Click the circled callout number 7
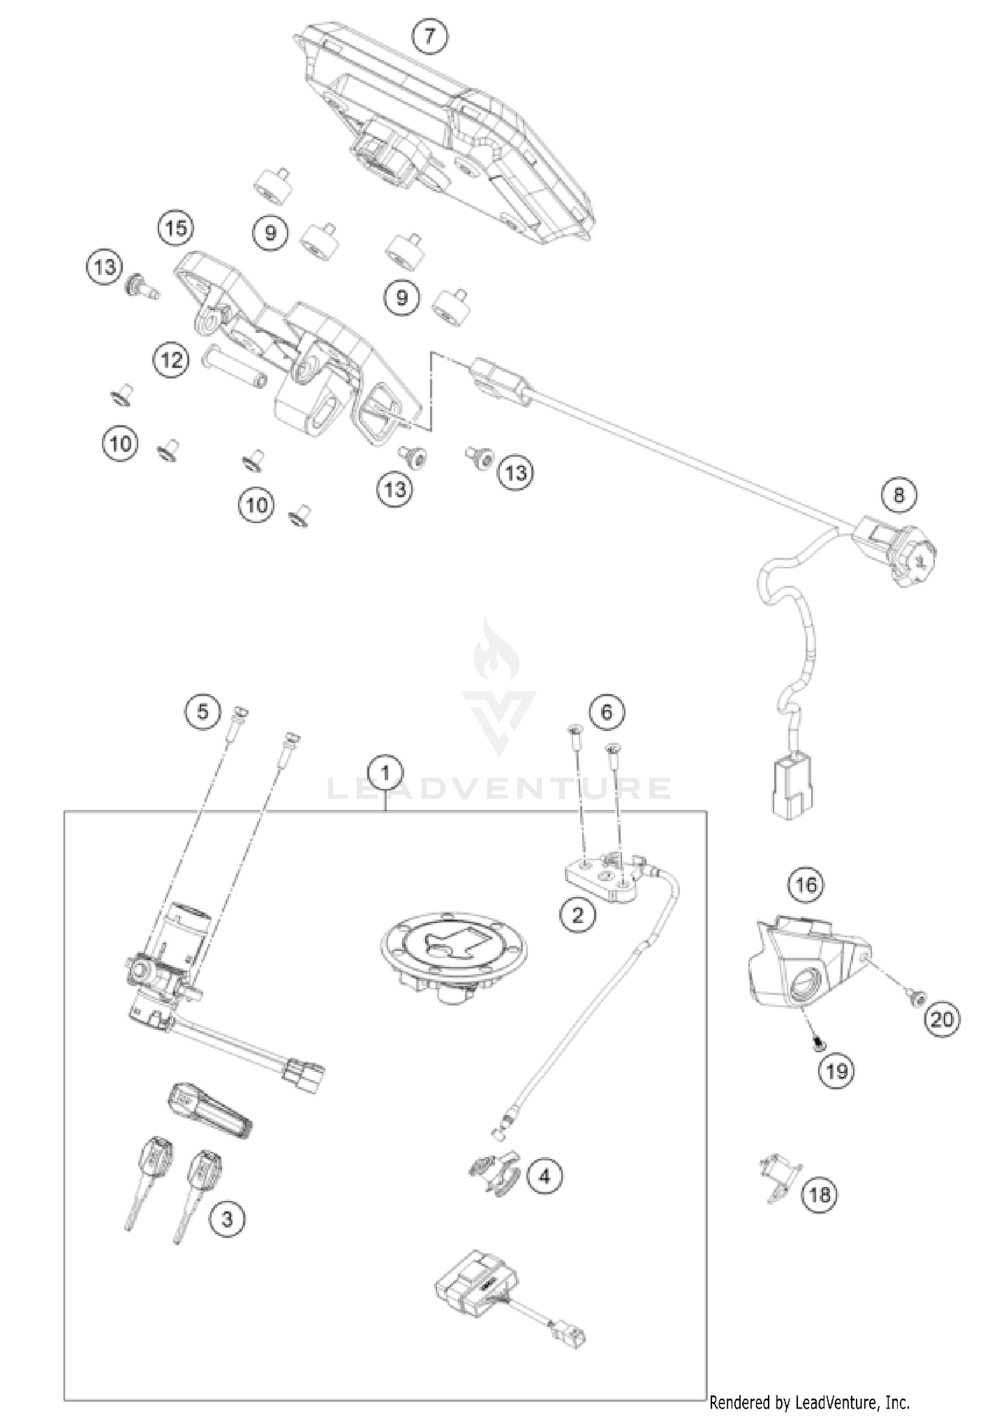click(429, 36)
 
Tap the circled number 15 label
click(176, 228)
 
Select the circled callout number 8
click(898, 495)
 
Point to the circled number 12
click(171, 360)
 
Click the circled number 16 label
click(806, 885)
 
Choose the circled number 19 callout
click(836, 1070)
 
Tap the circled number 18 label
click(820, 1194)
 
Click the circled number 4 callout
click(545, 1177)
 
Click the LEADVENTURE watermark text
click(499, 789)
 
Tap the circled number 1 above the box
click(385, 774)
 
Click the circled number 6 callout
click(606, 712)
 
